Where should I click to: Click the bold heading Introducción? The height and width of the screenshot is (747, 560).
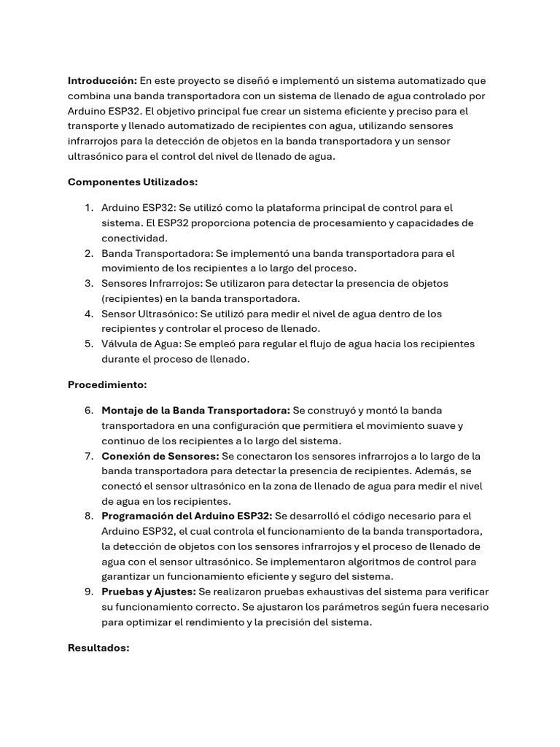(x=102, y=80)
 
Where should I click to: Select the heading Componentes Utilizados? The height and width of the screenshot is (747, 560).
(x=133, y=182)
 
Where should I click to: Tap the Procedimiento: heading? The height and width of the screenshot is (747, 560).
(x=107, y=384)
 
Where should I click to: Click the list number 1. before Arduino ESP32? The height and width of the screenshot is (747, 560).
(x=88, y=208)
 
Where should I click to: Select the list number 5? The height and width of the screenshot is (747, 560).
(x=88, y=344)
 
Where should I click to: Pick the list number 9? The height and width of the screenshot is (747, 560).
(x=88, y=592)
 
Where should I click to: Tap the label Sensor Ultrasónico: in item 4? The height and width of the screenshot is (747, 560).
(x=149, y=314)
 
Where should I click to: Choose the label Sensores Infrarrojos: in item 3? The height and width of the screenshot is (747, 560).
(x=152, y=283)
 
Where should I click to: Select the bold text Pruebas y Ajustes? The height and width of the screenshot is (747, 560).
(x=149, y=592)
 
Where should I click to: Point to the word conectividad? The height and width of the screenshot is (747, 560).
(x=135, y=238)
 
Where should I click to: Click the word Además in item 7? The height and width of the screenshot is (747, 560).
(x=440, y=471)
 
